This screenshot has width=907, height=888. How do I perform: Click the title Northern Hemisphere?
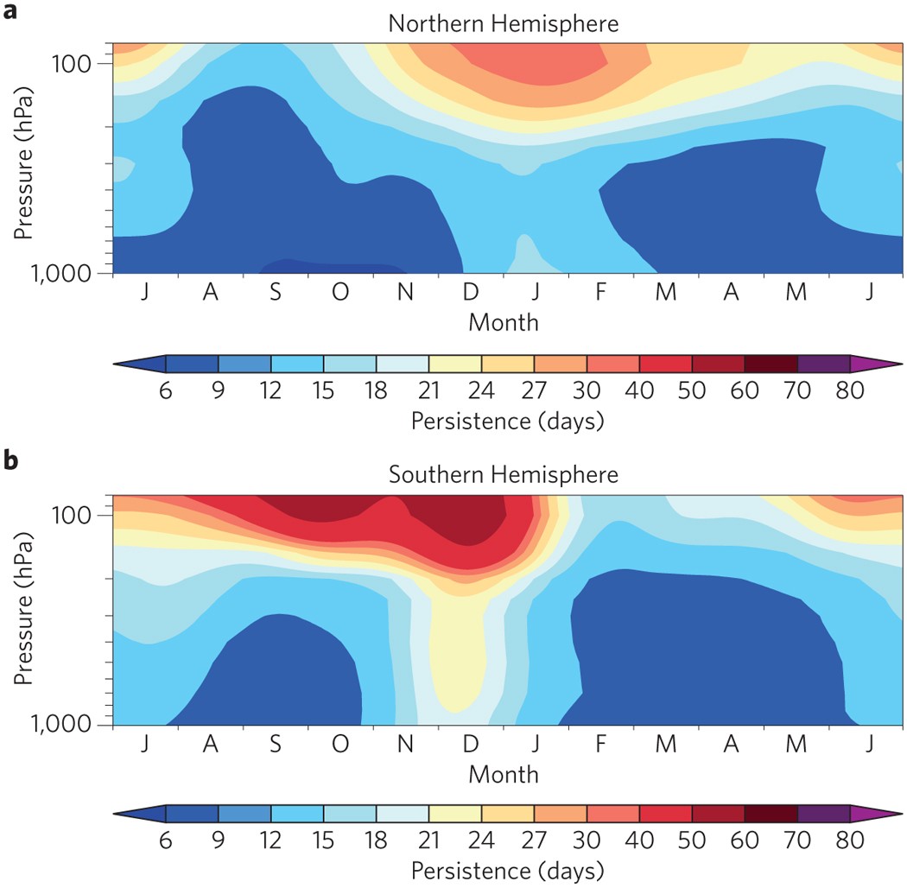pos(504,23)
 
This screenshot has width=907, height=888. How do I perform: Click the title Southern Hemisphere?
pos(504,474)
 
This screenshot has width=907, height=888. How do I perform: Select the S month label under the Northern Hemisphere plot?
pos(276,293)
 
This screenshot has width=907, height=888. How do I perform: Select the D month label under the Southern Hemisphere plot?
pos(471,744)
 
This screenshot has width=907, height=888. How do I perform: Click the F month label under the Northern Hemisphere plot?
pos(600,293)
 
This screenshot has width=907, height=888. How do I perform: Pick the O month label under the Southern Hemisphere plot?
pos(340,744)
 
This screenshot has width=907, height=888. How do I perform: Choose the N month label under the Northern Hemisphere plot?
pos(405,293)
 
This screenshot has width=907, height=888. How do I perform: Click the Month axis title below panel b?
pos(504,773)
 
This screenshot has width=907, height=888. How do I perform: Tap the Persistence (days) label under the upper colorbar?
pos(507,422)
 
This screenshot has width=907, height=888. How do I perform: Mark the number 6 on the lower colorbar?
pos(166,842)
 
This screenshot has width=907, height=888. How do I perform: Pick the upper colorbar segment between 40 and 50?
pos(665,363)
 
